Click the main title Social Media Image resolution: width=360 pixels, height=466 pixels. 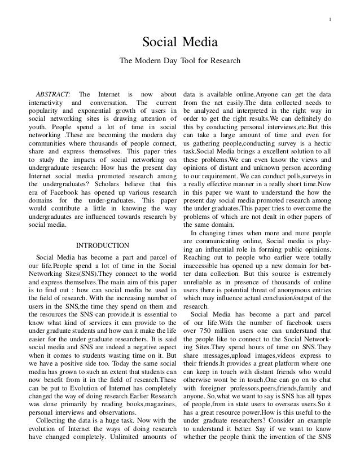(x=179, y=42)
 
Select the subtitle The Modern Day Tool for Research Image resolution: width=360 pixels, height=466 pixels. (x=179, y=60)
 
